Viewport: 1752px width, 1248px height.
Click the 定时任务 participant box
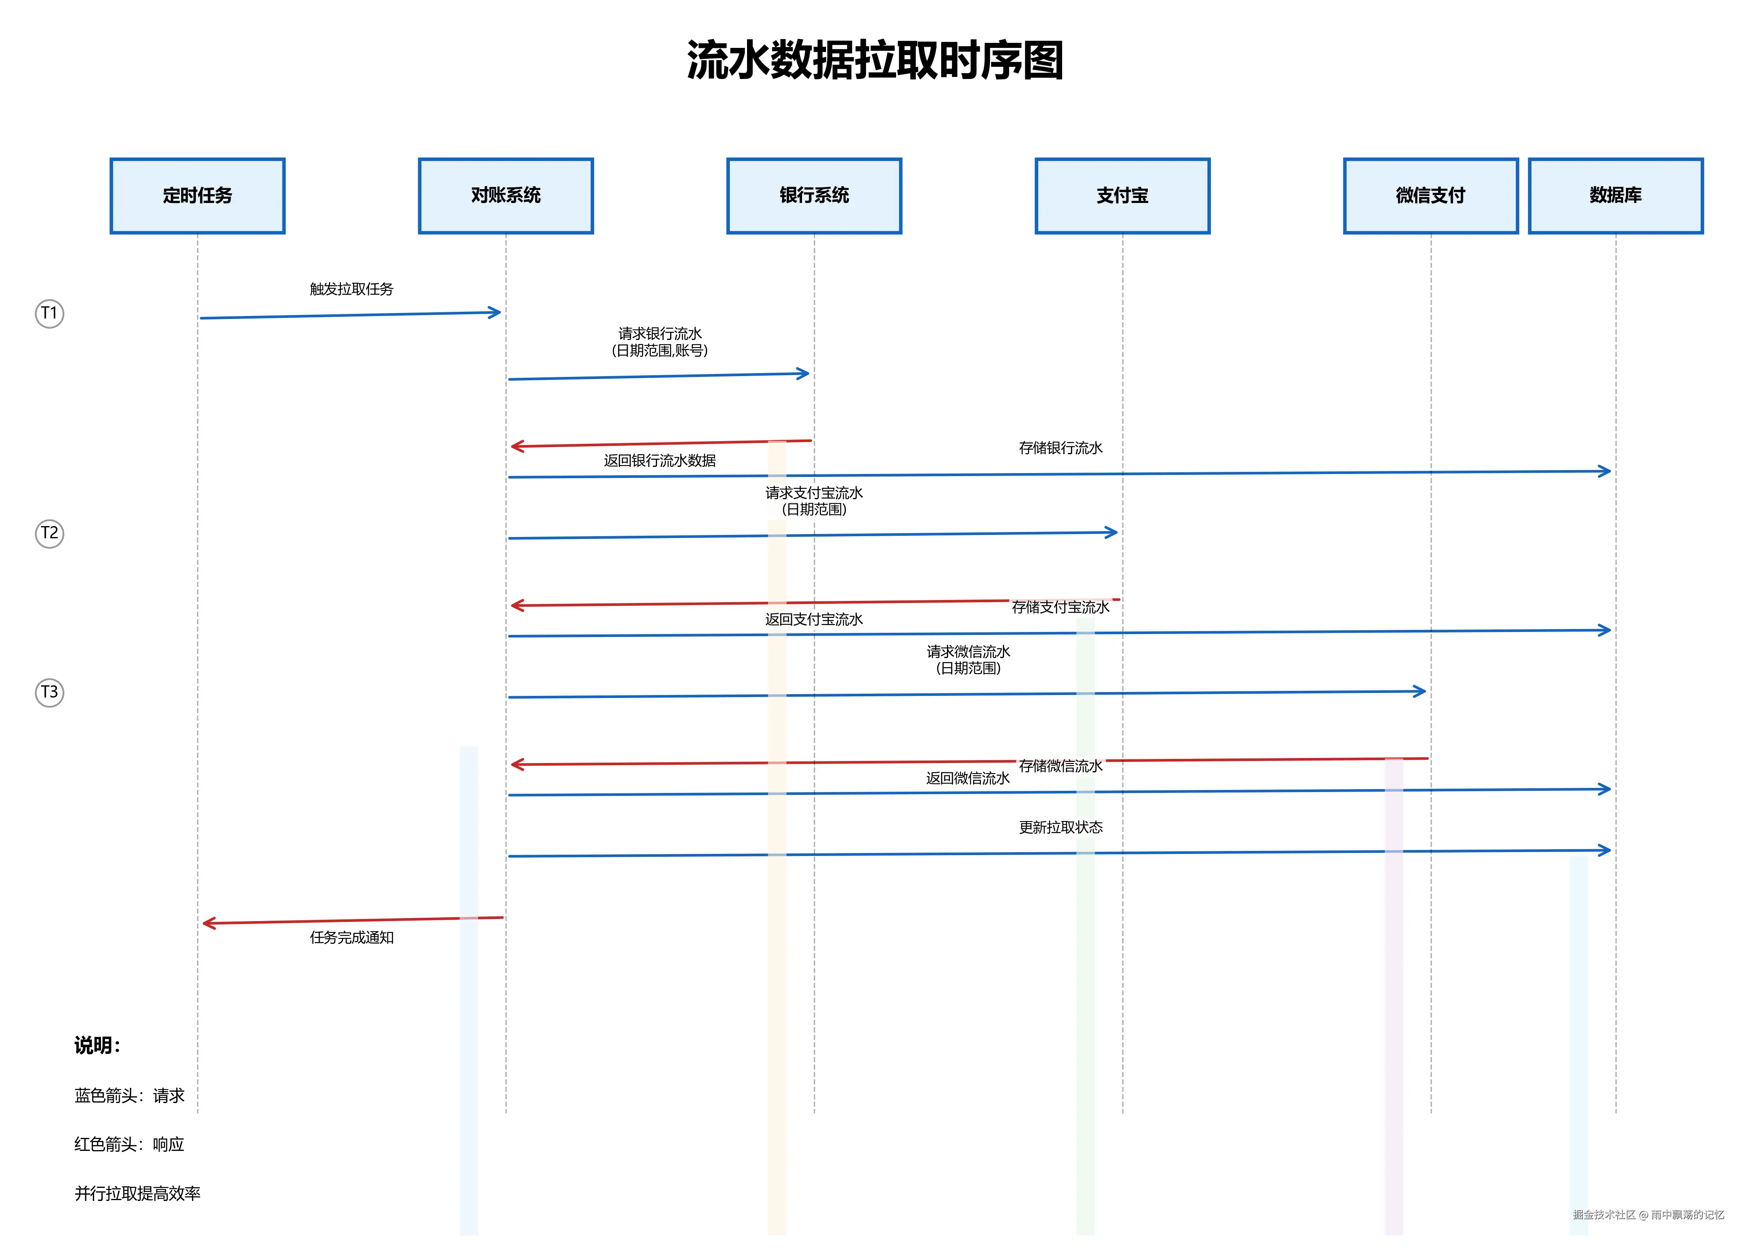click(x=197, y=196)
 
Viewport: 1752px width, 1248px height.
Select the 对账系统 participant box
click(x=505, y=196)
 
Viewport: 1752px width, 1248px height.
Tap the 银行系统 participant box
click(x=814, y=196)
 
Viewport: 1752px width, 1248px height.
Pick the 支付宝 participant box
click(x=1122, y=196)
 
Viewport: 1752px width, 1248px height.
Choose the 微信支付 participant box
click(x=1430, y=196)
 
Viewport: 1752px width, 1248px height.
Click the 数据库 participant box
click(x=1615, y=196)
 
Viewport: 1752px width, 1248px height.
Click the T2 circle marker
click(x=49, y=533)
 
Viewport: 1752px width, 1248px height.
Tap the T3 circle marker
click(x=49, y=692)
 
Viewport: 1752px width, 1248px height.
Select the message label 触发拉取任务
click(x=351, y=290)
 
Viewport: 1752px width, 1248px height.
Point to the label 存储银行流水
click(x=1060, y=448)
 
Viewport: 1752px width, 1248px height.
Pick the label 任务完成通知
click(x=351, y=937)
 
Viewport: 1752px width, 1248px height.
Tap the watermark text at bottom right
click(x=1648, y=1215)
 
